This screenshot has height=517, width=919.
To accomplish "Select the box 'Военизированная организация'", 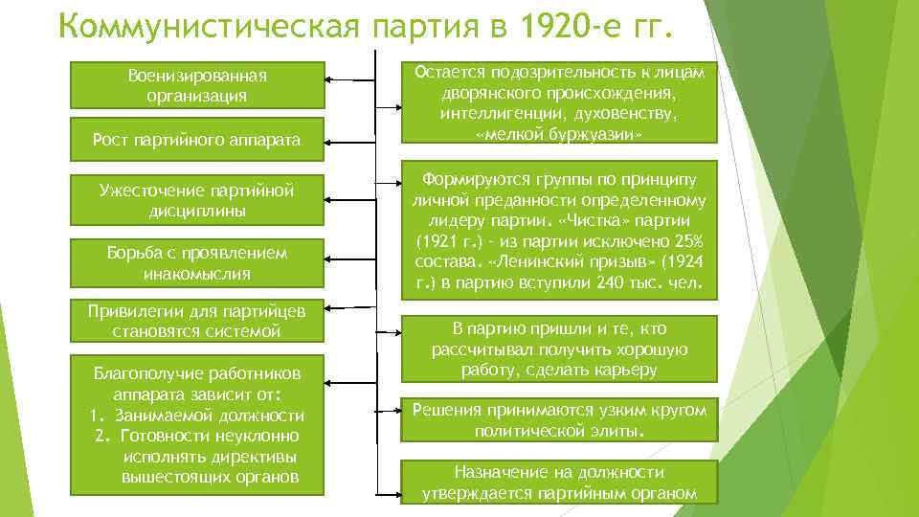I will (x=197, y=85).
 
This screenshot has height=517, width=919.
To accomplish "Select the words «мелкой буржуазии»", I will (x=558, y=135).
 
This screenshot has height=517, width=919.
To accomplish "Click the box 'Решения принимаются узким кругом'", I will (x=558, y=420).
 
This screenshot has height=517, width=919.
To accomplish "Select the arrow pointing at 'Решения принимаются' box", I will (x=386, y=409).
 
